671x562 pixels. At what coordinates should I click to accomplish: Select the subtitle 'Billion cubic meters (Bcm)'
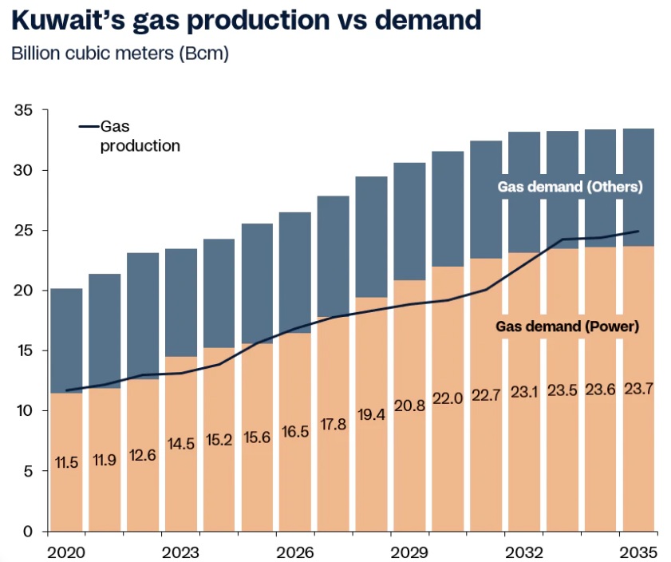120,54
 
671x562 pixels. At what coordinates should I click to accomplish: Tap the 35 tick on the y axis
24,110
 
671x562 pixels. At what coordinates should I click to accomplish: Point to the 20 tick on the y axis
24,291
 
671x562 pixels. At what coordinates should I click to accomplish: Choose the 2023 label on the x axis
182,552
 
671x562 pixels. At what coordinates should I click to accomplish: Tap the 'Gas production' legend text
139,137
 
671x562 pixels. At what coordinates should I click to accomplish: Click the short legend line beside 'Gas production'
88,127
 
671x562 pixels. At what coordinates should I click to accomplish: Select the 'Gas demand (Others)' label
570,187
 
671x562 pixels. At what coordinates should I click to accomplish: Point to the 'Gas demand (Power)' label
570,327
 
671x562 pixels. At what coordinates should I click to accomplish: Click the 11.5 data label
66,462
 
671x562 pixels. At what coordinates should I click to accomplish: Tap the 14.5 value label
181,443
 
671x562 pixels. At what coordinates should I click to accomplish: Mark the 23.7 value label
639,388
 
